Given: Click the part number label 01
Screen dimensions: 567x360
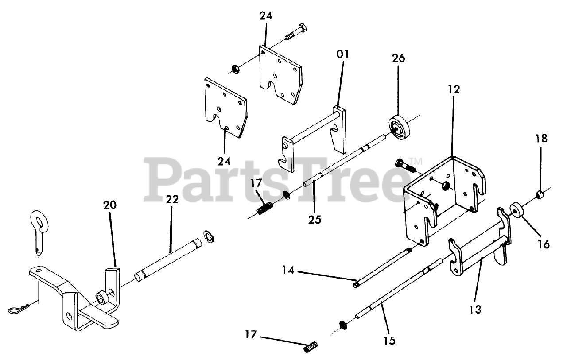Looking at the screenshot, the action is click(x=343, y=54).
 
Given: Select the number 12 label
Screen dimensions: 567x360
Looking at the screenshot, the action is click(x=454, y=90).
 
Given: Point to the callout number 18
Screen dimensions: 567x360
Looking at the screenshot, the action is click(x=541, y=138).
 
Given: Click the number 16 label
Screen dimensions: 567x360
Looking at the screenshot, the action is click(x=543, y=244).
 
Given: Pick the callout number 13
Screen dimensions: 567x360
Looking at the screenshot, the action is click(x=475, y=310).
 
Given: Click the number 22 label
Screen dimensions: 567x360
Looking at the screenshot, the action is click(x=172, y=199).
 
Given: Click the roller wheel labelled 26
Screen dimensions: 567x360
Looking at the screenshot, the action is click(x=400, y=128).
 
